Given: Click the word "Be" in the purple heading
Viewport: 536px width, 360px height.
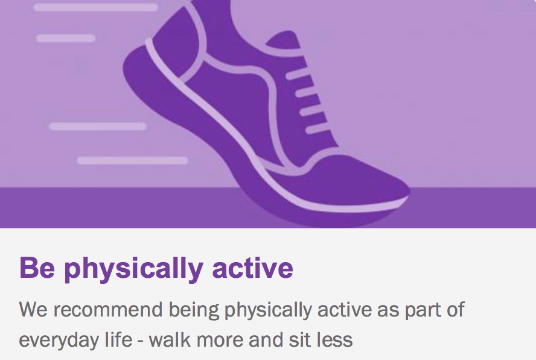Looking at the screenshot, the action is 37,268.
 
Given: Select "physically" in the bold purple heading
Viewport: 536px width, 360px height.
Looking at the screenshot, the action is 133,269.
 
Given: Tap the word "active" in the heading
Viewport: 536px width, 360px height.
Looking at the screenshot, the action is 253,268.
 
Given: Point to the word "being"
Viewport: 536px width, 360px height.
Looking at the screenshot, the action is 194,310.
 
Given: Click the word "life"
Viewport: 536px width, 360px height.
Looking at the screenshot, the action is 118,339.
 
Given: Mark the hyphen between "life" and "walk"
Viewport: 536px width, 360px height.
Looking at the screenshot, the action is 141,341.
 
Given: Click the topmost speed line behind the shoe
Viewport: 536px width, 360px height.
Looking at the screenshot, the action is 96,7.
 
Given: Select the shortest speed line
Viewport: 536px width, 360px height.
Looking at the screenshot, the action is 66,38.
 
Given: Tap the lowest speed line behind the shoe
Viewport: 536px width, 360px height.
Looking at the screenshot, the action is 132,161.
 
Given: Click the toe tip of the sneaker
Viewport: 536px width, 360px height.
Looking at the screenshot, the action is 409,191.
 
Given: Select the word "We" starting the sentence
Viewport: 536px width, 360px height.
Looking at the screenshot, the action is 33,309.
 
